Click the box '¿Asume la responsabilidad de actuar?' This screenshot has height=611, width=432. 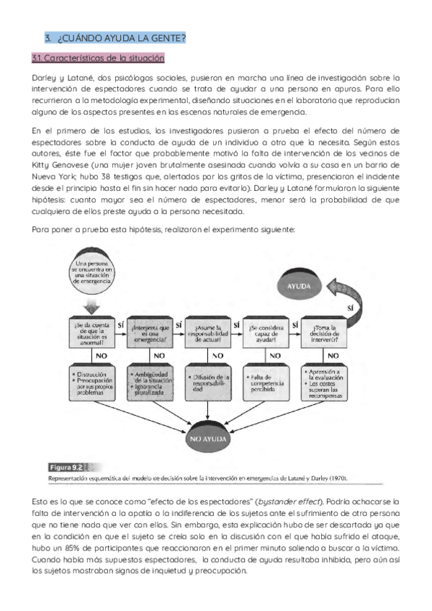208,334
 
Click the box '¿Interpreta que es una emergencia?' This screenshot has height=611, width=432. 150,334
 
